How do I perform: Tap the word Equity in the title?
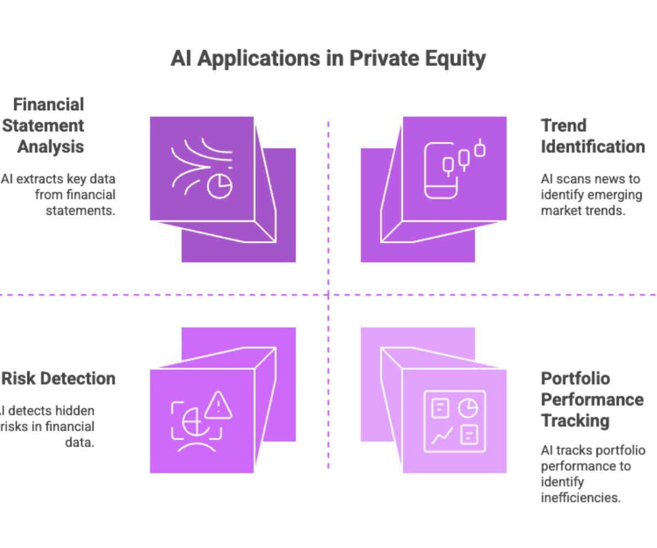pyautogui.click(x=458, y=58)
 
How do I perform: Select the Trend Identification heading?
pyautogui.click(x=593, y=136)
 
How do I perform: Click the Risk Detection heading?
pyautogui.click(x=58, y=379)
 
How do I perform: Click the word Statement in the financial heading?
pyautogui.click(x=43, y=125)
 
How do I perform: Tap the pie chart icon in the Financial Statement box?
pyautogui.click(x=220, y=187)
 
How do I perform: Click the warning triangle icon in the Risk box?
pyautogui.click(x=218, y=405)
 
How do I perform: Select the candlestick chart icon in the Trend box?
pyautogui.click(x=464, y=158)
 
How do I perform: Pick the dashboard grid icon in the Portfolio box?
pyautogui.click(x=454, y=421)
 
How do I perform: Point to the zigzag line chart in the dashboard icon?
pyautogui.click(x=441, y=436)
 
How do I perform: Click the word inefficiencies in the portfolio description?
pyautogui.click(x=580, y=498)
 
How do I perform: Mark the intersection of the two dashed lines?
pyautogui.click(x=328, y=295)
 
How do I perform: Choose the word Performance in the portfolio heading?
pyautogui.click(x=592, y=399)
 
